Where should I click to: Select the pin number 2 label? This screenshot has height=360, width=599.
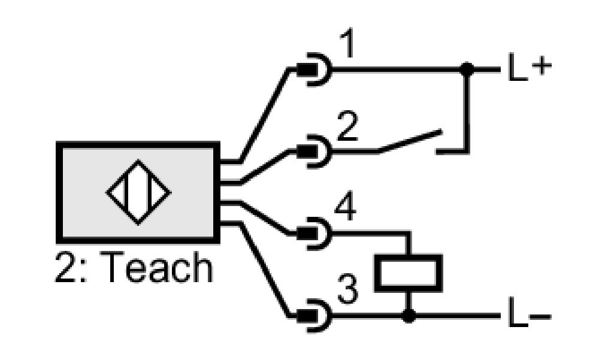click(x=347, y=126)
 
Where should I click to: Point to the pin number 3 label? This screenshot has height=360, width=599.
click(x=347, y=289)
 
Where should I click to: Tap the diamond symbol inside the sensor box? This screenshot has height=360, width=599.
click(x=138, y=192)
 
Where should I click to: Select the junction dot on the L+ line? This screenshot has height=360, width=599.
click(x=467, y=69)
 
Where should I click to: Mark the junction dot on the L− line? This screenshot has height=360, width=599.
click(x=409, y=316)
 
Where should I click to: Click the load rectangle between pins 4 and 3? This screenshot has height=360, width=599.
click(x=409, y=273)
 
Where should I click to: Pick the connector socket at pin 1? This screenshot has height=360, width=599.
click(x=314, y=69)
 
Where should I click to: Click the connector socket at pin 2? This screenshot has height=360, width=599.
click(x=314, y=152)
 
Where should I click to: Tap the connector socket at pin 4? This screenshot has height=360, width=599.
click(x=314, y=234)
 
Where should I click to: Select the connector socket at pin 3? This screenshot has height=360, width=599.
click(x=314, y=316)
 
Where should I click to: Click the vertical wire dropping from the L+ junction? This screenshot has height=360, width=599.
click(x=467, y=111)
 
